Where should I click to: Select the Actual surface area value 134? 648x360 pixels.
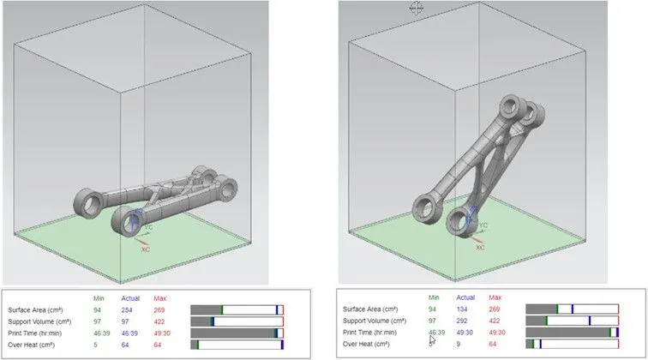(x=464, y=309)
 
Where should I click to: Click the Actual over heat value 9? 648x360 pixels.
(x=459, y=344)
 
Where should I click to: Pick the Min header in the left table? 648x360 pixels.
(x=99, y=297)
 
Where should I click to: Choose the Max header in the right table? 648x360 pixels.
(x=497, y=297)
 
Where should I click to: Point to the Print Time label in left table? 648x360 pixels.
(x=34, y=333)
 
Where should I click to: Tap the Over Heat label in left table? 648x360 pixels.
(x=31, y=345)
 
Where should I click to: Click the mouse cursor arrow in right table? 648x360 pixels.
(x=432, y=339)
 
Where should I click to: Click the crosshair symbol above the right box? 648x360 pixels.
(x=417, y=8)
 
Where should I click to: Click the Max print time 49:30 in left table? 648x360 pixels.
(x=165, y=333)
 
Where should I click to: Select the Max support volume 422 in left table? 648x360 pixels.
(x=161, y=321)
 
